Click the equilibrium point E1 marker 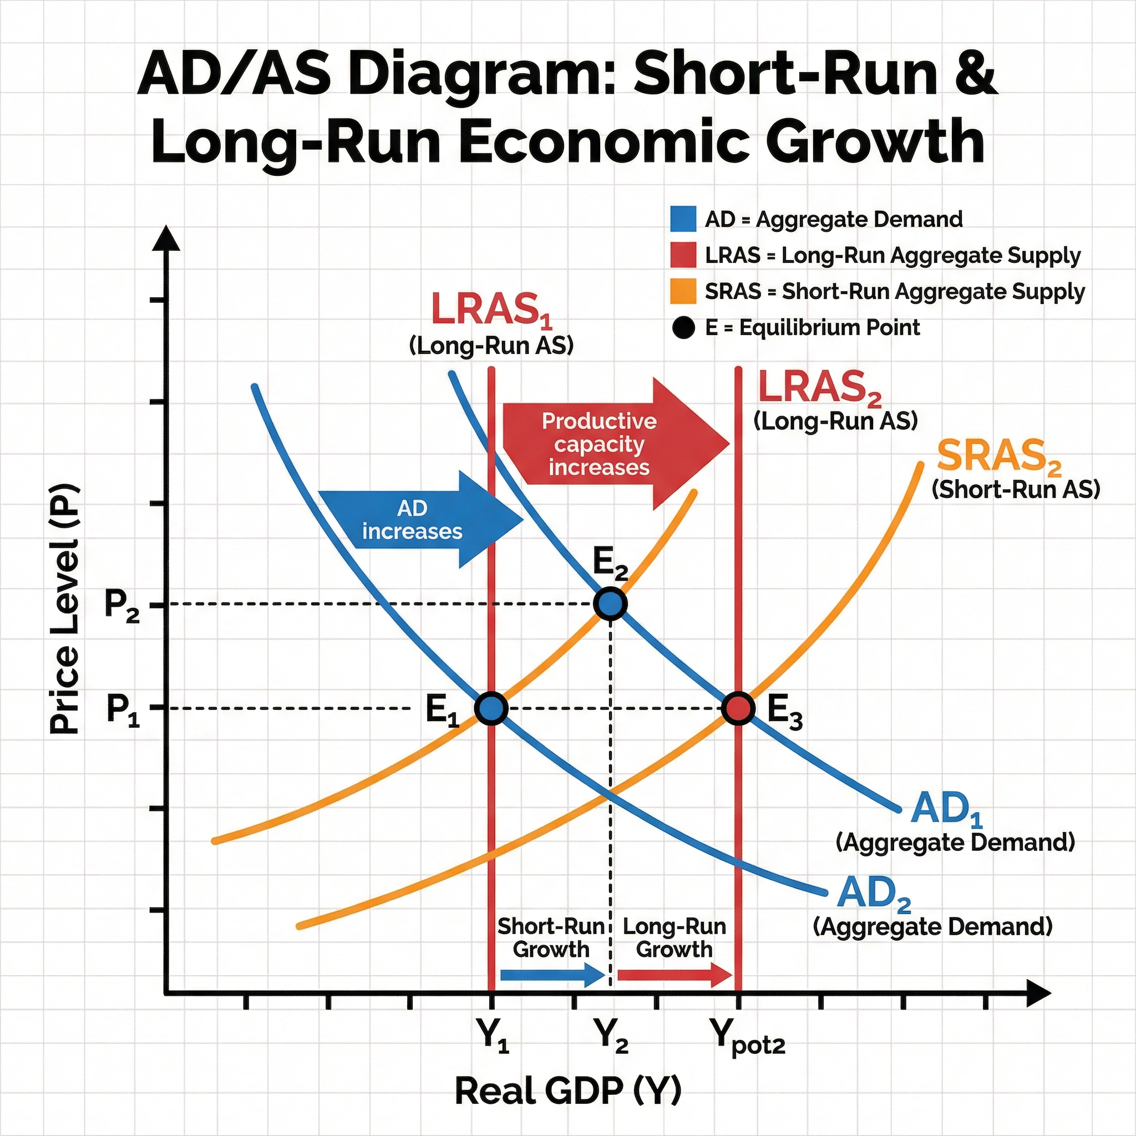[491, 708]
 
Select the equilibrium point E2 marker [610, 604]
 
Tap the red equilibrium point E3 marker [738, 708]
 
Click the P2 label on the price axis [121, 605]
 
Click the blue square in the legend [683, 219]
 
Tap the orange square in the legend [683, 291]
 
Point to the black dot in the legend [683, 327]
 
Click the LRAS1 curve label [491, 310]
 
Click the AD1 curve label [946, 809]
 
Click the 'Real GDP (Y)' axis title [568, 1091]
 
